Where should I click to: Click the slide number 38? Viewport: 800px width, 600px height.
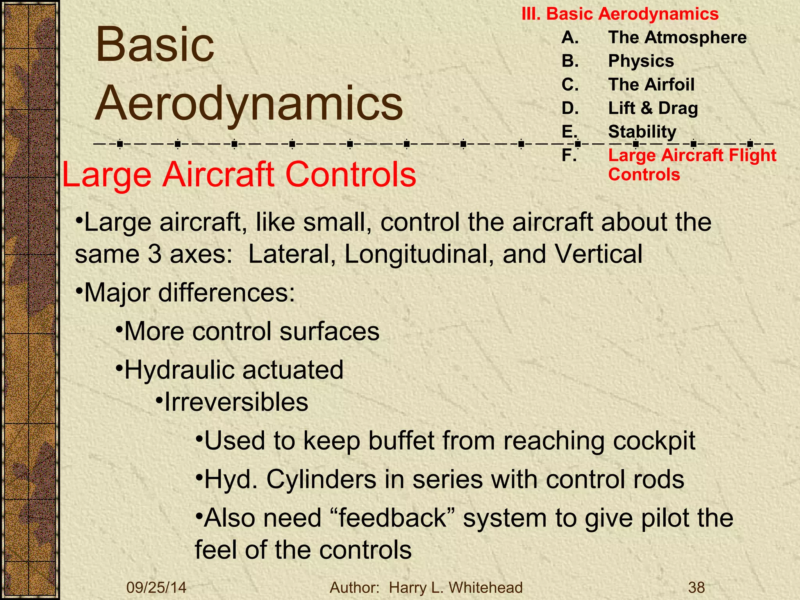click(696, 587)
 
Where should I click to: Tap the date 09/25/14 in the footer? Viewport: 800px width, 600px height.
click(156, 587)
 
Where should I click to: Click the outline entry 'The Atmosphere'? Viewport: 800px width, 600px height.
click(677, 37)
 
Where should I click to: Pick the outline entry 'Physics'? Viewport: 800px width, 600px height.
click(641, 61)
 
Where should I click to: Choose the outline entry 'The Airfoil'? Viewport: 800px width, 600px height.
click(651, 84)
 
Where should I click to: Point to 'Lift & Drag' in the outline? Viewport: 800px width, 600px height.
click(653, 108)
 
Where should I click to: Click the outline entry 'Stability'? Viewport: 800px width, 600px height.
click(642, 132)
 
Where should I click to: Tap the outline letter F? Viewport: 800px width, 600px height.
click(568, 155)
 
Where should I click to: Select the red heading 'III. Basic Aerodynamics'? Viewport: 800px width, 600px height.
click(620, 14)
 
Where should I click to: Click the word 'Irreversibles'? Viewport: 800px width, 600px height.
click(236, 402)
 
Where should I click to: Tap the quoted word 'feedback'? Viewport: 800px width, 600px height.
click(392, 518)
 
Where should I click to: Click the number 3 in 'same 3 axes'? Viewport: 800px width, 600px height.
click(155, 254)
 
